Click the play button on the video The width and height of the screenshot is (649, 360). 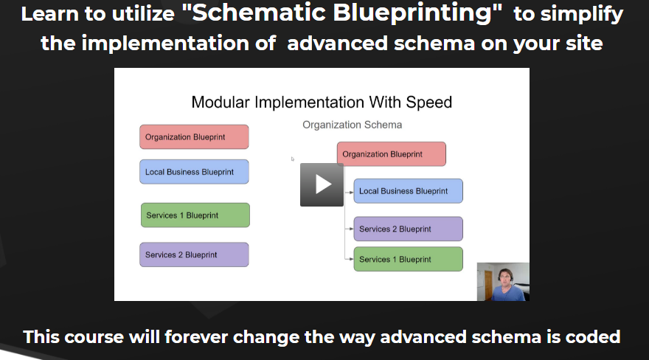[322, 184]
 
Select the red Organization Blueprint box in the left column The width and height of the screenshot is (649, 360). [194, 137]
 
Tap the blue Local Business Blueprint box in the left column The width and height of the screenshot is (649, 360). [194, 172]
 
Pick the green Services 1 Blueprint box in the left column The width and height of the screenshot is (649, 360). [195, 215]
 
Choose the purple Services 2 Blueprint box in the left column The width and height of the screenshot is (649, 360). [194, 255]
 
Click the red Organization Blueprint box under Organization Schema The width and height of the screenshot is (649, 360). [392, 154]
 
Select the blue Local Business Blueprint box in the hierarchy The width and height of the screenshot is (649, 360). [408, 191]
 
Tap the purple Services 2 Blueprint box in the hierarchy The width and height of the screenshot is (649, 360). [408, 229]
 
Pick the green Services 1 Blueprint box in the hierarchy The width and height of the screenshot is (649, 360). [408, 259]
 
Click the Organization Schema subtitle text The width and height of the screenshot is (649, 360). [353, 125]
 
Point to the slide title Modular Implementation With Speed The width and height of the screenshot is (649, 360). [322, 103]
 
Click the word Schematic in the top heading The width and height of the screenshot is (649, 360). [259, 13]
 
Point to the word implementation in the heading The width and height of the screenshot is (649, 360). [165, 44]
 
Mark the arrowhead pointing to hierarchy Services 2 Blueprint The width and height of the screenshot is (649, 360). [351, 229]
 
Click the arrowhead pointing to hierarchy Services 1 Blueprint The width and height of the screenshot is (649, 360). [351, 259]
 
